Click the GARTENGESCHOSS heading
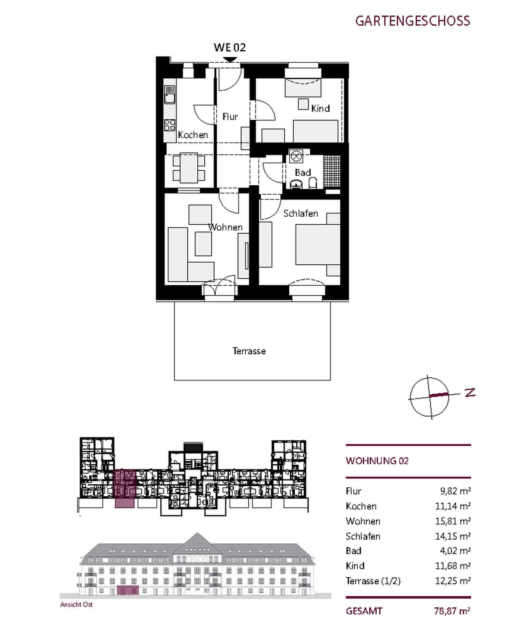click(x=412, y=21)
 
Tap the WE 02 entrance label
click(x=230, y=47)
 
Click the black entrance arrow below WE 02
click(x=230, y=60)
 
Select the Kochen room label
click(x=193, y=135)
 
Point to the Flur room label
click(x=230, y=117)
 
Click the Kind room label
click(x=320, y=108)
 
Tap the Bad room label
click(x=303, y=172)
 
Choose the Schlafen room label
click(x=301, y=214)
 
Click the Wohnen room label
click(x=225, y=227)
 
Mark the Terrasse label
click(x=249, y=351)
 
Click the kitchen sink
click(x=169, y=95)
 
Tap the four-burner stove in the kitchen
click(x=170, y=125)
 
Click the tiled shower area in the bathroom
click(x=331, y=172)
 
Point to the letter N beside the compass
click(x=470, y=392)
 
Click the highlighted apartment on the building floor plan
click(x=125, y=489)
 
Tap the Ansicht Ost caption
click(x=76, y=604)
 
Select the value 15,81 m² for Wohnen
click(x=453, y=521)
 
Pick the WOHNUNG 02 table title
click(x=377, y=461)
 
